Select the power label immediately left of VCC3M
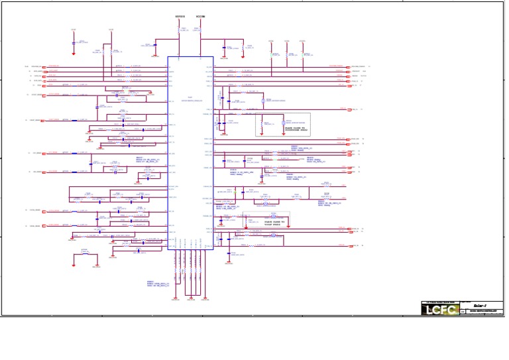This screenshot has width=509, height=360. pos(180,17)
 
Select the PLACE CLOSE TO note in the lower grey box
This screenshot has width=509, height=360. pos(268,223)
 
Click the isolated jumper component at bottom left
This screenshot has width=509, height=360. pos(84,253)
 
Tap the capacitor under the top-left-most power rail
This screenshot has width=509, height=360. pos(74,42)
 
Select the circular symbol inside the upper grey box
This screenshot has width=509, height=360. pos(283,123)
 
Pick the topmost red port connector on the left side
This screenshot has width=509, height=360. pos(47,67)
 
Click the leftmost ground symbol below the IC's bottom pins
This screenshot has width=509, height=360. pos(176,298)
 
